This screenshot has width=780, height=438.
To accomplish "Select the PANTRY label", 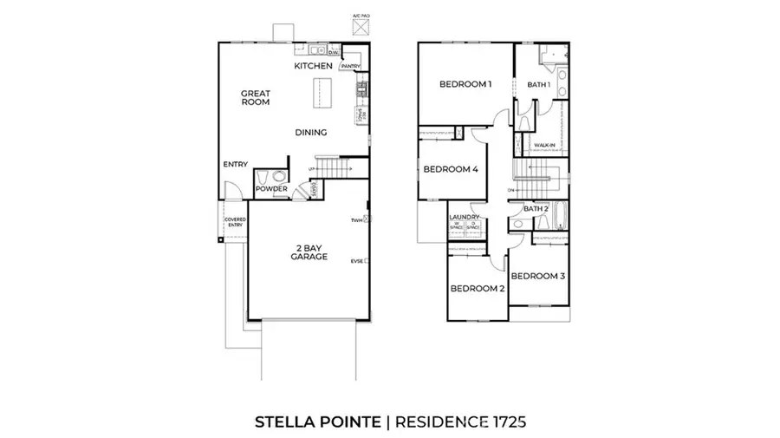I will click(x=350, y=66).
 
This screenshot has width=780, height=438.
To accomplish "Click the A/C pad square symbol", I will click(x=358, y=26).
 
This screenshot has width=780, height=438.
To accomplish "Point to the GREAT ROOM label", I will click(x=256, y=97).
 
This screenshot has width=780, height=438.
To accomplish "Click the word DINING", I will click(x=310, y=133).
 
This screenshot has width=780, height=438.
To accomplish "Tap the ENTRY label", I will click(x=235, y=164).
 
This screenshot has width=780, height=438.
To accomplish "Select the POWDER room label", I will click(x=271, y=189).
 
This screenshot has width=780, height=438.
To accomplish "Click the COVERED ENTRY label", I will click(x=235, y=222).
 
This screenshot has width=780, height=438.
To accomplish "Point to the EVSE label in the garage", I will click(x=356, y=260).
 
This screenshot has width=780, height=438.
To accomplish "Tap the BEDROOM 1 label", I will click(x=465, y=84).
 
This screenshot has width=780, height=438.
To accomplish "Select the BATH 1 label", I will click(x=539, y=84).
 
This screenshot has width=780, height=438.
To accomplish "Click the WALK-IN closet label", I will click(x=544, y=145).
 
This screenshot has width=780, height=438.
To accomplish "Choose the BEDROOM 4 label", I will click(x=451, y=169).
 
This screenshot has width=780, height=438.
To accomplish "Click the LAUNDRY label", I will click(x=464, y=217).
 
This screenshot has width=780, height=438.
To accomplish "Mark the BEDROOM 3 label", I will click(x=537, y=276).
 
